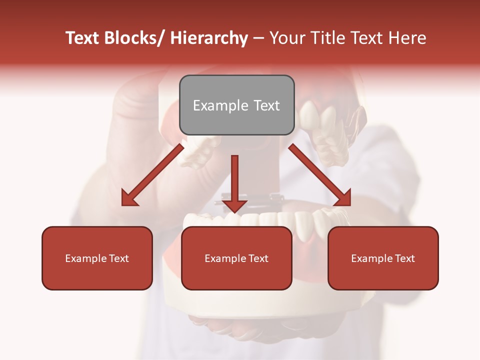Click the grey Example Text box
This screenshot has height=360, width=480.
(x=236, y=105)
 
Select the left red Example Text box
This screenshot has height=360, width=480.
(x=97, y=258)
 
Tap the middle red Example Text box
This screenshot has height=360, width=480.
(x=236, y=258)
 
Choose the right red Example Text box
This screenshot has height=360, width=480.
(x=383, y=258)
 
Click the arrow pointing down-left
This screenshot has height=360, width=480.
(x=152, y=175)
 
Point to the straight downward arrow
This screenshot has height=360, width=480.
(x=234, y=182)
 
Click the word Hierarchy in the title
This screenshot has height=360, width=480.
(x=209, y=38)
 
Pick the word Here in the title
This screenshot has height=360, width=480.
(x=407, y=38)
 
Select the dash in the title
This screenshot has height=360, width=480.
(x=258, y=38)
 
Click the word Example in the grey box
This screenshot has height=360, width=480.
(x=220, y=105)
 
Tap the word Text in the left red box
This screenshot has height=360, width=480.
(x=119, y=258)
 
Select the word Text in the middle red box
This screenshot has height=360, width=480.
(x=258, y=258)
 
